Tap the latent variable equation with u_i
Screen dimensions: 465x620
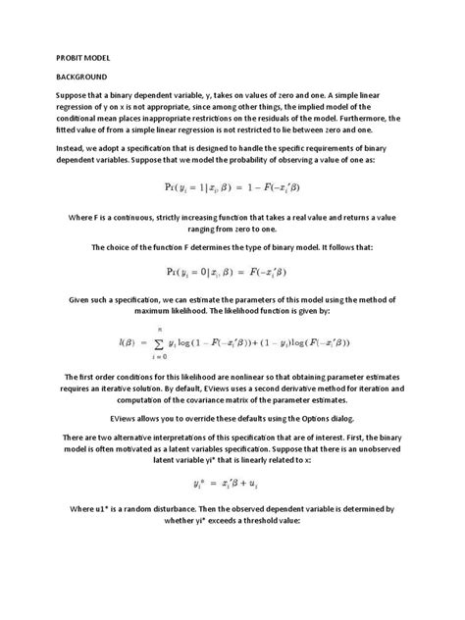[232, 484]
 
